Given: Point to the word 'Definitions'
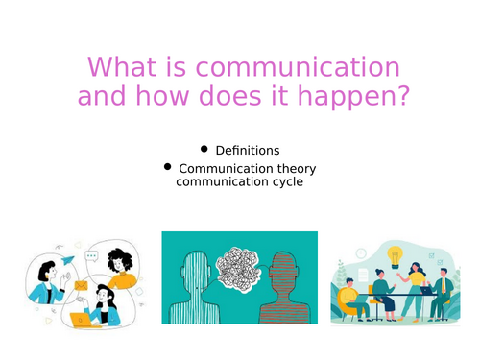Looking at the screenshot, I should pos(248,151).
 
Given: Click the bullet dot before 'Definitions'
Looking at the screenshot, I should pos(204,149).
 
